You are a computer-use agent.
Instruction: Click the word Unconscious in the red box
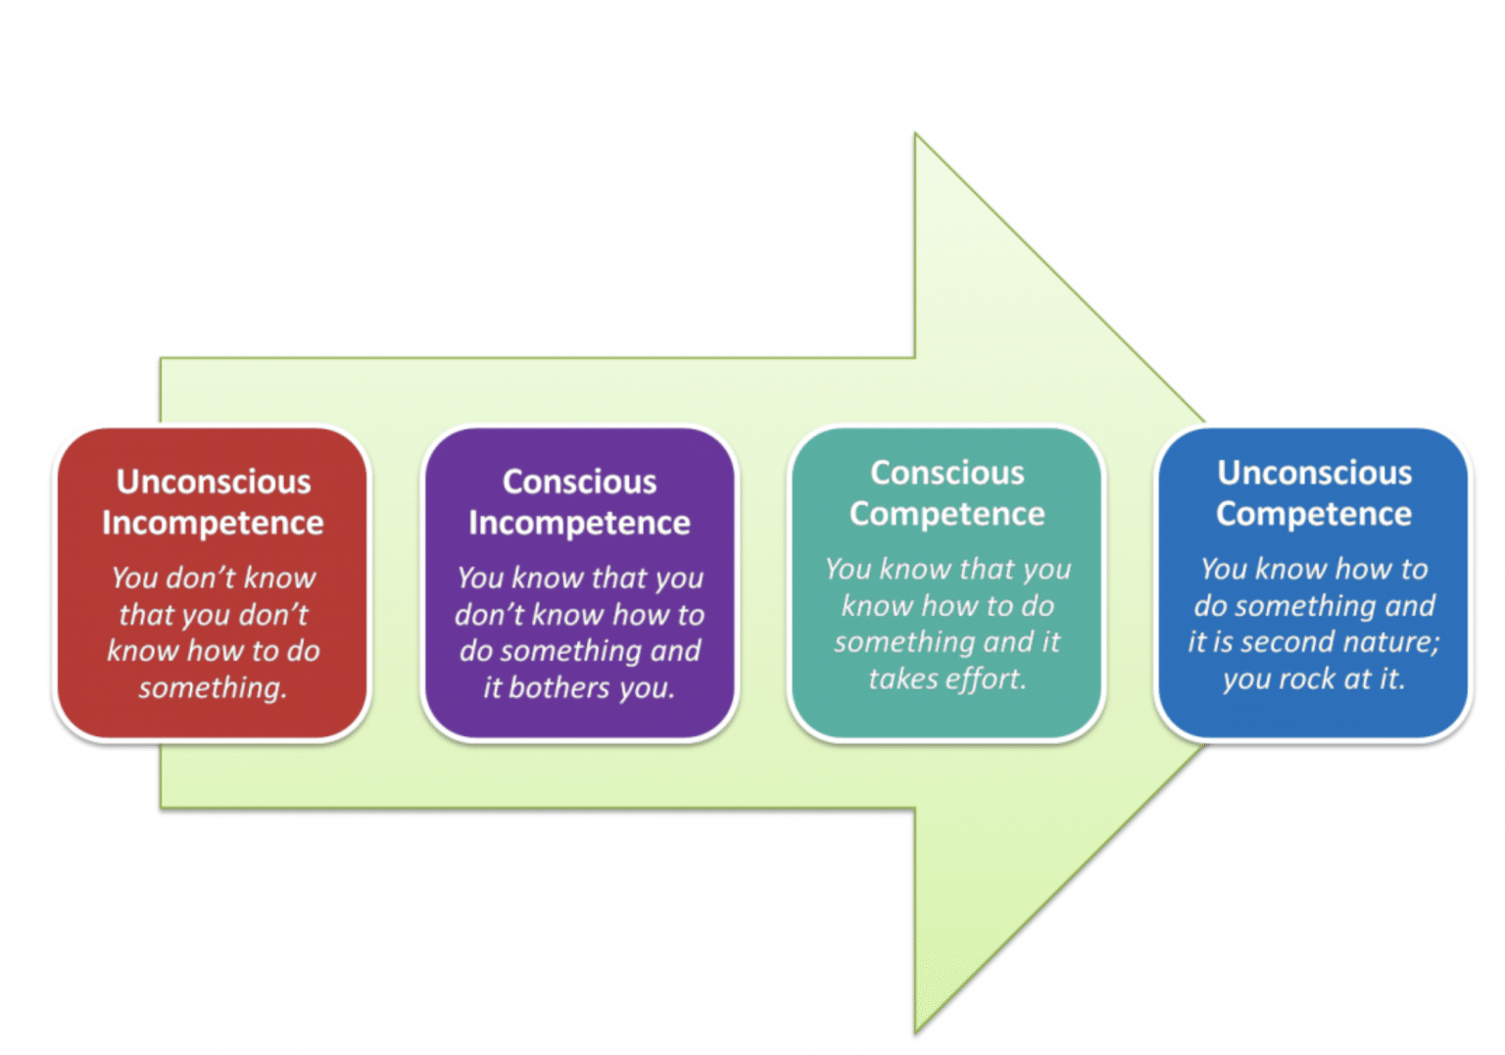pyautogui.click(x=214, y=481)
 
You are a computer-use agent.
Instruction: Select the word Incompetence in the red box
pyautogui.click(x=213, y=523)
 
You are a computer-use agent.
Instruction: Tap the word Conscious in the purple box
pyautogui.click(x=579, y=481)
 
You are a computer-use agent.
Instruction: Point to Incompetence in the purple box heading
pyautogui.click(x=579, y=523)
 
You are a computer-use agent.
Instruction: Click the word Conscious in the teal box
pyautogui.click(x=947, y=473)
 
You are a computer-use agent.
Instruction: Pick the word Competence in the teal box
pyautogui.click(x=947, y=514)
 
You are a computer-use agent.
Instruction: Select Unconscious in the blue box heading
pyautogui.click(x=1314, y=473)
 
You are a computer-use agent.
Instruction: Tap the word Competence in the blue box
pyautogui.click(x=1314, y=514)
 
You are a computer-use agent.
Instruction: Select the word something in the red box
pyautogui.click(x=212, y=687)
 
